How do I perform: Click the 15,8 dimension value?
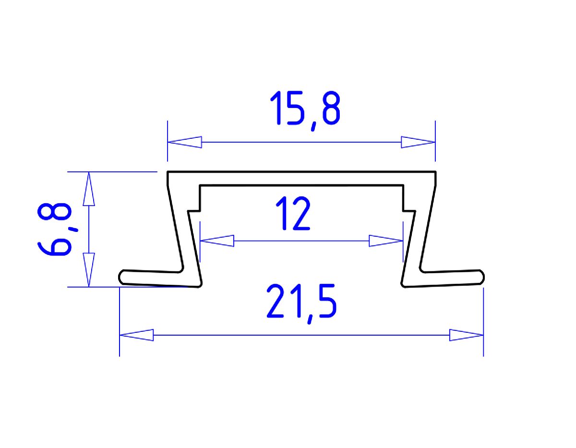305,109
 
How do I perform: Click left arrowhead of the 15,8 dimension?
184,142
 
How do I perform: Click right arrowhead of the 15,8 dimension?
418,142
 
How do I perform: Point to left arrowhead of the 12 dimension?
217,241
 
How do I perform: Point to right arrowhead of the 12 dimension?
385,241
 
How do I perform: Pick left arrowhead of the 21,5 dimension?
136,335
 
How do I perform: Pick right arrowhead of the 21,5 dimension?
466,335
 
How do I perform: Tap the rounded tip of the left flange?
121,277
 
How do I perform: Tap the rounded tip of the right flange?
481,277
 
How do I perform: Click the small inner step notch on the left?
195,210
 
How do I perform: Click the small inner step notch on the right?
408,210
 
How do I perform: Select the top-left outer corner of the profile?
168,172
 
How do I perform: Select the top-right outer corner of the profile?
435,172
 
